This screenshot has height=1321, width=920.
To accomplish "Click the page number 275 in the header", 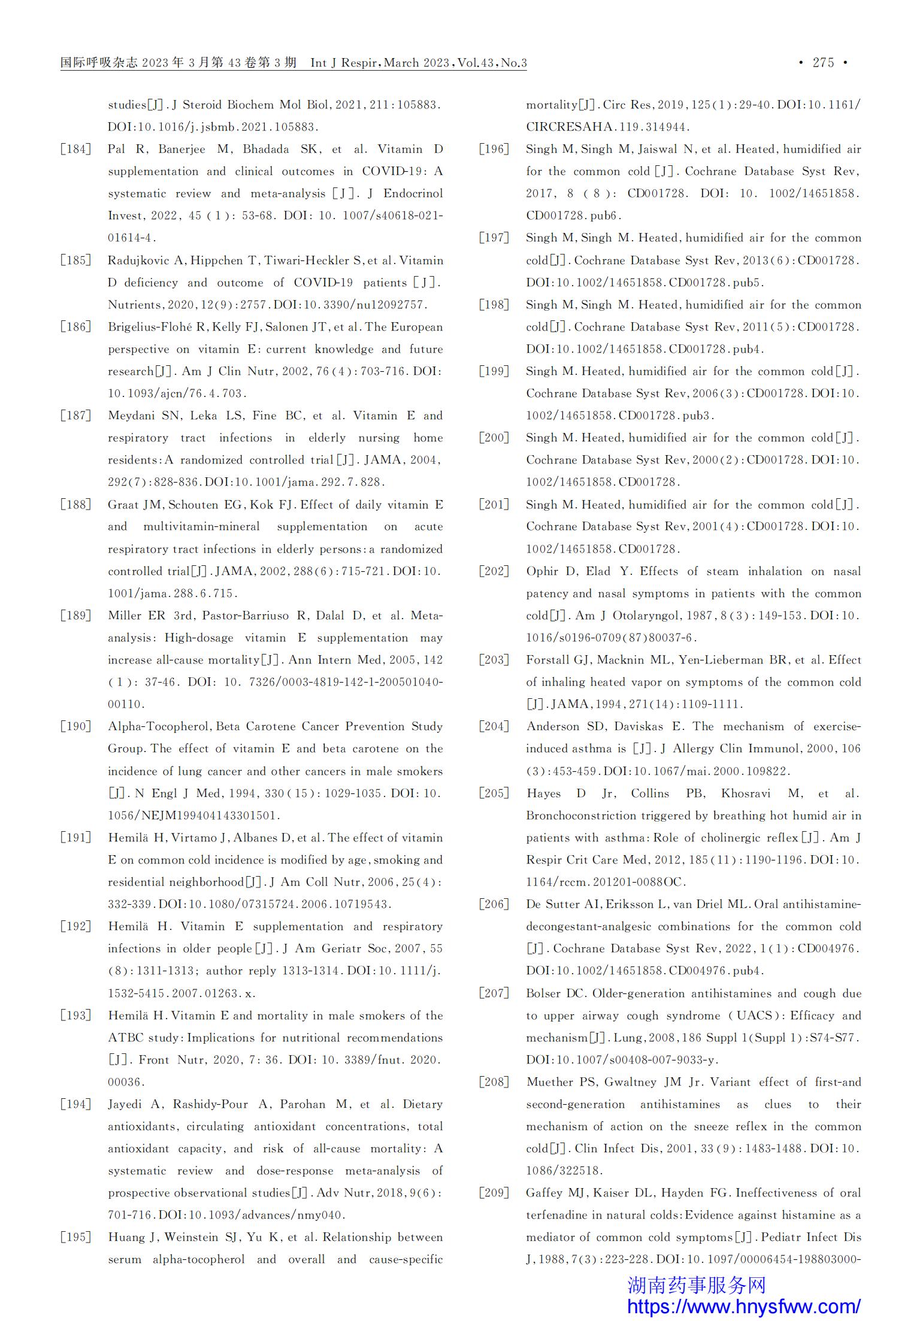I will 824,63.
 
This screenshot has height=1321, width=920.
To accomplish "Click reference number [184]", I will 76,149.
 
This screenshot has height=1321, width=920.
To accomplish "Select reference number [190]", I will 76,726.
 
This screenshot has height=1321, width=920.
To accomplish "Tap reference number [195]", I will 76,1237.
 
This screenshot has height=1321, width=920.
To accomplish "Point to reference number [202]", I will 494,571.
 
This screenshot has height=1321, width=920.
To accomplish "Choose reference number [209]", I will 494,1193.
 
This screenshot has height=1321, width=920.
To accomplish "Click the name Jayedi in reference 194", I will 125,1104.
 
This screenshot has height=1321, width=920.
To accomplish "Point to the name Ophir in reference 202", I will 542,571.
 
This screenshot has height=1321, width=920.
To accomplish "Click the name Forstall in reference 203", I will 548,660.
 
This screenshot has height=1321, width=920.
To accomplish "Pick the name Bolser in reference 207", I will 544,993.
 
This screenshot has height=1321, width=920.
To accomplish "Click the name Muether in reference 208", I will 550,1082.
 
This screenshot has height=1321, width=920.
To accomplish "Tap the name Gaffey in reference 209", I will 546,1193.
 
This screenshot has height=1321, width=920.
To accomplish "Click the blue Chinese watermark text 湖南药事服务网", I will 697,1284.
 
